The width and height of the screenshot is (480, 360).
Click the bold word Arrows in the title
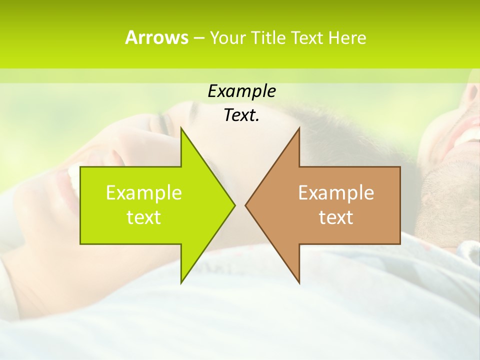pos(156,37)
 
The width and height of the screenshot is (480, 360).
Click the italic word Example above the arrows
pos(241,91)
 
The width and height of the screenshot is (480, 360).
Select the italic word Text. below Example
pos(241,115)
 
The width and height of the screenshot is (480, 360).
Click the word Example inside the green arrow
pos(143,192)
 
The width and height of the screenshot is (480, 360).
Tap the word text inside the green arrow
pos(143,217)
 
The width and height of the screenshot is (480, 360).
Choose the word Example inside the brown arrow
pos(336,192)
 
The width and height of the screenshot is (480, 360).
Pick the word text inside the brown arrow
pos(336,217)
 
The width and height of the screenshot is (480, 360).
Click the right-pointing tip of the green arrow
pos(234,205)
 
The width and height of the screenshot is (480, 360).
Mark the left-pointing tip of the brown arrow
pos(246,205)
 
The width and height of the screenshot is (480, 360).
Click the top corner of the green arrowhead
pos(181,128)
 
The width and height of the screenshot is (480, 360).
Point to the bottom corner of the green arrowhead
pos(181,282)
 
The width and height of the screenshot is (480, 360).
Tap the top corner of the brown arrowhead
pos(299,128)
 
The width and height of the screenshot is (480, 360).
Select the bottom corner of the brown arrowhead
pos(299,282)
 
